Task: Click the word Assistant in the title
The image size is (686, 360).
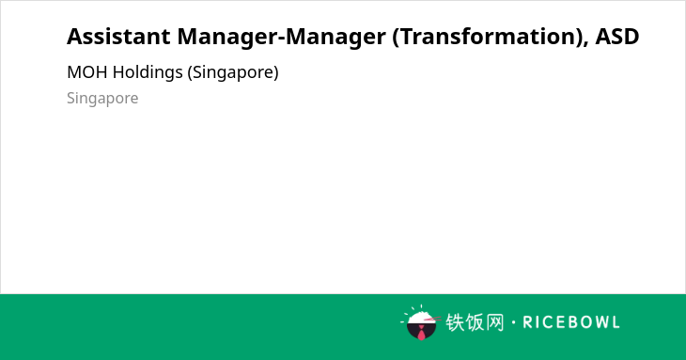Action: pos(118,37)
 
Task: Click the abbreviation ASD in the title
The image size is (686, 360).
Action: pos(617,37)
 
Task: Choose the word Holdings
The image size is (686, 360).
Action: pos(148,72)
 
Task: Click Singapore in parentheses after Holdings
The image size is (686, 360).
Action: pos(233,72)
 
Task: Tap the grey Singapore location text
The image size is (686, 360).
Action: pos(102,99)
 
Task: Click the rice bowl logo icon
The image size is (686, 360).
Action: pos(420,322)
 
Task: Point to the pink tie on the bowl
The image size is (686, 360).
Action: pos(421,333)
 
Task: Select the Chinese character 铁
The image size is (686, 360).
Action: pos(455,322)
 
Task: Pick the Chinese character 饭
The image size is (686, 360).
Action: pos(475,322)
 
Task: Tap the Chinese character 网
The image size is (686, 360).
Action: pos(494,322)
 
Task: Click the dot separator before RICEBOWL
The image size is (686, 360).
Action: pos(513,322)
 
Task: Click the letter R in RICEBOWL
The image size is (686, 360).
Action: pos(527,322)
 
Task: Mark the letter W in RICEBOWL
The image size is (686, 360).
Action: pos(598,322)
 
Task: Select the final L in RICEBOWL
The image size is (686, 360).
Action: pos(616,322)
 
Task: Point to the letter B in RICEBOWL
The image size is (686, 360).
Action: pos(568,322)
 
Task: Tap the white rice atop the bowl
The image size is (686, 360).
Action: pos(420,318)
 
